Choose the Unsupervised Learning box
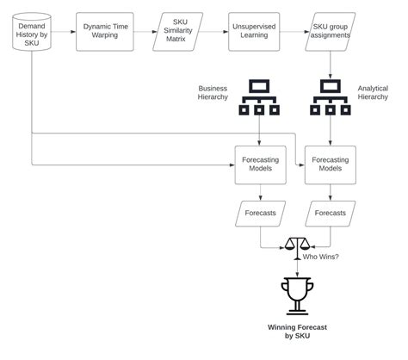[x=255, y=33]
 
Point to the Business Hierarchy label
[x=213, y=93]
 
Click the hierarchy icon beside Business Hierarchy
[x=260, y=96]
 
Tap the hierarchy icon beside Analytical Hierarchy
[x=331, y=96]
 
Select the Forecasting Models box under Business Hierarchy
[x=260, y=164]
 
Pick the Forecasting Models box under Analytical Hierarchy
[x=331, y=164]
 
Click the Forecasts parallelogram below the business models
[x=260, y=213]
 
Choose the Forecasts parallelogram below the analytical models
[x=331, y=213]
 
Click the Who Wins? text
[x=320, y=256]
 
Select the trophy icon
[x=295, y=295]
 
